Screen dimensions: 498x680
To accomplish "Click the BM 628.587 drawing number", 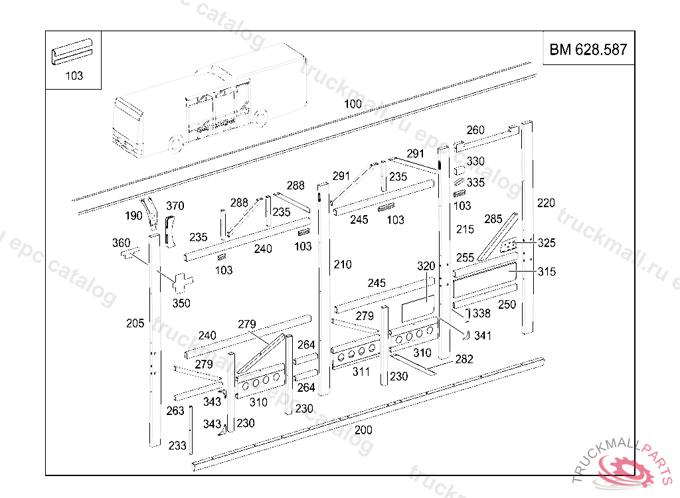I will (x=588, y=50).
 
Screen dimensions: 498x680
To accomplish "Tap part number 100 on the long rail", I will (x=353, y=104).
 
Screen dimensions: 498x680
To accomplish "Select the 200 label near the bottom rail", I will (x=363, y=430).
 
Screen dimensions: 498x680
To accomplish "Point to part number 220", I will (x=546, y=203).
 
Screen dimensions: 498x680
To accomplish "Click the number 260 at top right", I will (x=475, y=130).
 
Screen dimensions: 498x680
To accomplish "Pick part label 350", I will (x=181, y=303).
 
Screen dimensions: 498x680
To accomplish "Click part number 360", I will (x=122, y=243).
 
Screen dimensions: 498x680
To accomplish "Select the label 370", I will (x=175, y=206).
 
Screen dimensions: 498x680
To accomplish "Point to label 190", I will (x=133, y=216).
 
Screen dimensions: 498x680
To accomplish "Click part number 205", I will (x=135, y=323).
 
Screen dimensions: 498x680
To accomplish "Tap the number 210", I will (x=342, y=265).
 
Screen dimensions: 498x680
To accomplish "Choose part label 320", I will (x=426, y=266).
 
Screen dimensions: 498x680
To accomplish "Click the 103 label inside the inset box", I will (x=74, y=76).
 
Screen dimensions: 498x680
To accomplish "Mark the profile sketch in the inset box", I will (x=72, y=51).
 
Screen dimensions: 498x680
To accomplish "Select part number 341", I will (x=483, y=336).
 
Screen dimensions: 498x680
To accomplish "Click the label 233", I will (x=177, y=446).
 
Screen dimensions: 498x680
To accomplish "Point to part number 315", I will (x=547, y=272).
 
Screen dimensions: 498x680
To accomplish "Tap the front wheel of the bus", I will (x=176, y=145).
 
